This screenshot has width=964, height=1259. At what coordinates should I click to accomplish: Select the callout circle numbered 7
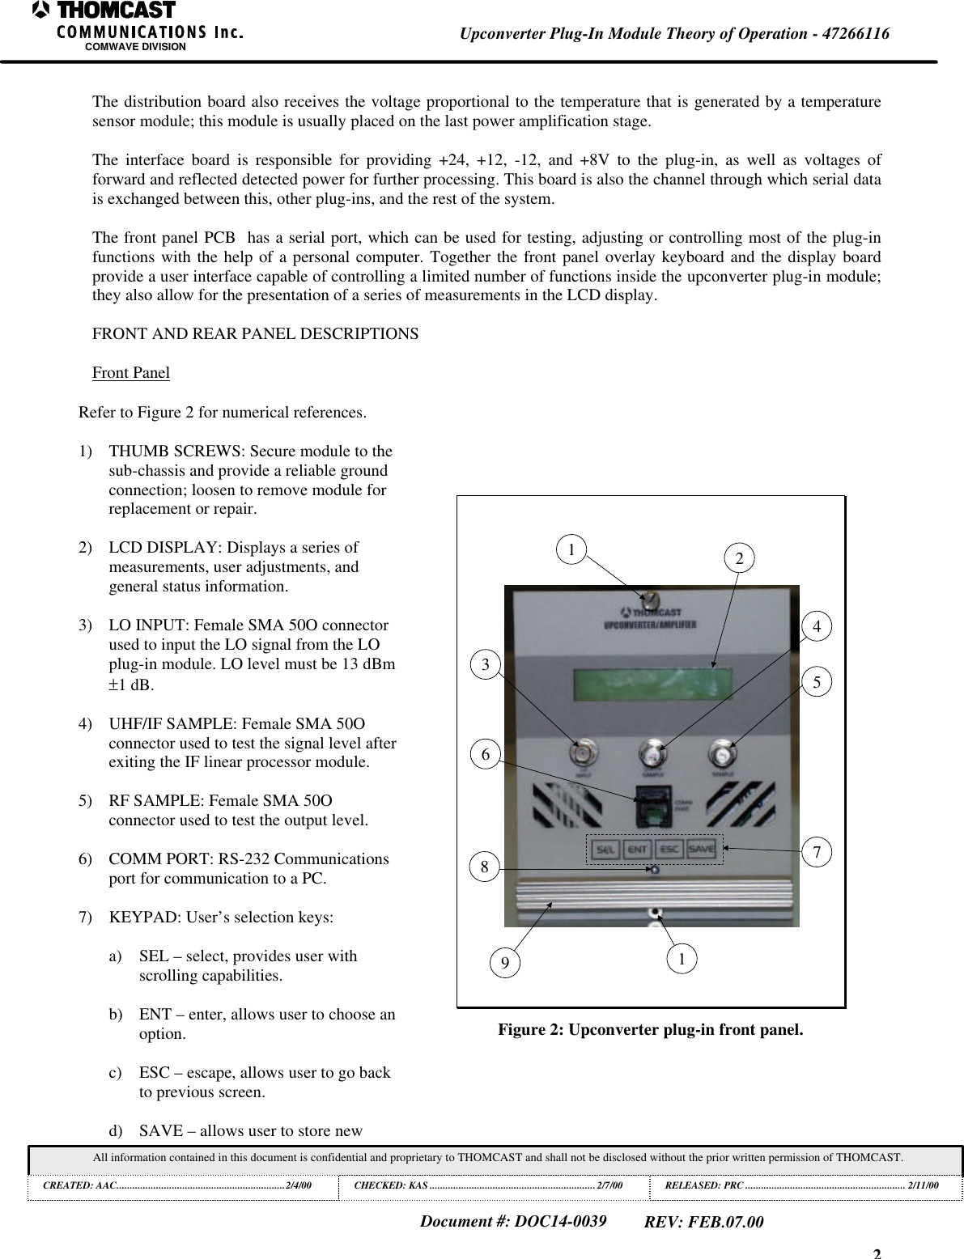(818, 852)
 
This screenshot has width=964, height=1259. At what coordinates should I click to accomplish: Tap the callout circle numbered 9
(505, 963)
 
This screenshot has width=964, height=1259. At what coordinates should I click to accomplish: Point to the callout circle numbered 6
(486, 754)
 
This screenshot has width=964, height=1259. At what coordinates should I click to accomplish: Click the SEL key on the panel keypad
(605, 850)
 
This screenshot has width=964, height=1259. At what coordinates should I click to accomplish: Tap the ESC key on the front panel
(669, 850)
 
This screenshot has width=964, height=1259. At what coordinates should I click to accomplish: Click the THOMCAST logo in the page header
(104, 11)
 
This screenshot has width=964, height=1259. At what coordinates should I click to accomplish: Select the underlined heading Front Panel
(131, 373)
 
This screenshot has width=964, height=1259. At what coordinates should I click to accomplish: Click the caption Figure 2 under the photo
(650, 1030)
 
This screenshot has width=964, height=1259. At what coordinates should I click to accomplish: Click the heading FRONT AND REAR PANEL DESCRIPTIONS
(255, 333)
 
